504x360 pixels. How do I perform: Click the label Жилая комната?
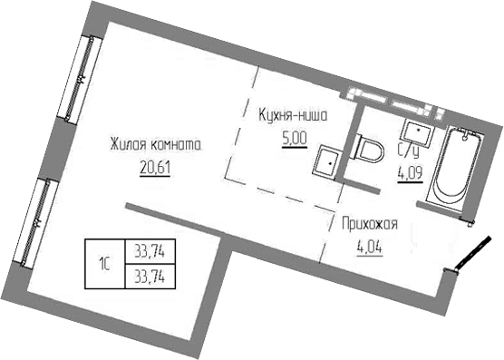[153, 144]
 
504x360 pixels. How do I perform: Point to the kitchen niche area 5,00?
[295, 141]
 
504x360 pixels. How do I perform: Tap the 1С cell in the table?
[105, 264]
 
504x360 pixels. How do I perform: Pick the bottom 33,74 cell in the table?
[154, 274]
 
